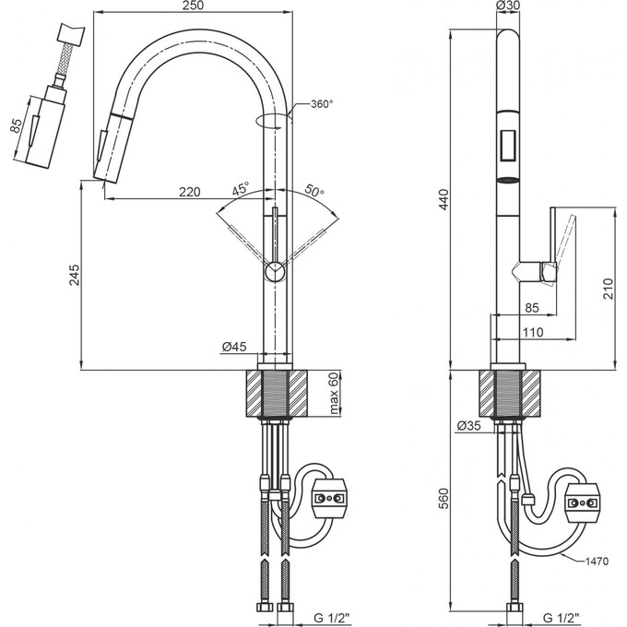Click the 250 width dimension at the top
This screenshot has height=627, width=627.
193,6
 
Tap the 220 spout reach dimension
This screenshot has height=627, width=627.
190,192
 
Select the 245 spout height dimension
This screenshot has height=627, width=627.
75,275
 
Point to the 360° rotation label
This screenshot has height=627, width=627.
322,104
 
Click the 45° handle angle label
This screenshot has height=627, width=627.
241,188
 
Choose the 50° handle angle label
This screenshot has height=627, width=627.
314,190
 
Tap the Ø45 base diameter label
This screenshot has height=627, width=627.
234,347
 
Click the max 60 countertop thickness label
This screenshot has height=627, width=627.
334,393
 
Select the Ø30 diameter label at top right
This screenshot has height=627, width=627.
508,5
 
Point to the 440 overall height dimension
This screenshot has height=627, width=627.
444,199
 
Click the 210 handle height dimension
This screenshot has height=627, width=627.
608,289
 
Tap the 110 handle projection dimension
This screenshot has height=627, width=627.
533,332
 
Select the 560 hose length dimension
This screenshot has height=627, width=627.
444,498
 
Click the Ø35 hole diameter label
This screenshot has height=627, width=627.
468,426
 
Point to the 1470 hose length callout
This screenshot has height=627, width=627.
597,562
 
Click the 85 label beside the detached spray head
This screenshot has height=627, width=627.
16,126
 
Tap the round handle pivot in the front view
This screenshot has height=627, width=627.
275,271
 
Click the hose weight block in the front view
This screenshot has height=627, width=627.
328,498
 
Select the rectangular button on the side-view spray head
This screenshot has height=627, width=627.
508,146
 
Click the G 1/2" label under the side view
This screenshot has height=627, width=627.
561,618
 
